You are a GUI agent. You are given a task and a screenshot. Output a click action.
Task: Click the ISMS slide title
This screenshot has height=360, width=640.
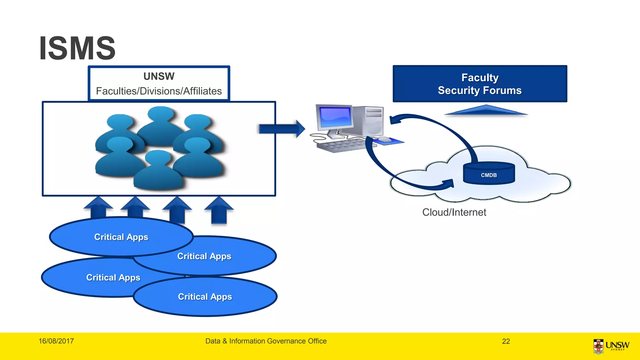[77, 48]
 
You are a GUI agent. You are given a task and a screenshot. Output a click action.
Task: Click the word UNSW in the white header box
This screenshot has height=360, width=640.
[159, 76]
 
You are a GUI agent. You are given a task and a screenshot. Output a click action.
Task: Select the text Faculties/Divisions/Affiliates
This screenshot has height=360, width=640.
[159, 91]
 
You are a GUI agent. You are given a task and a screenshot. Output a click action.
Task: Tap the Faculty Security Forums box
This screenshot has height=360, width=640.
[480, 84]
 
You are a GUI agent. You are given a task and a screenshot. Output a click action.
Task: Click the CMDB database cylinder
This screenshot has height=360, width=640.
[489, 173]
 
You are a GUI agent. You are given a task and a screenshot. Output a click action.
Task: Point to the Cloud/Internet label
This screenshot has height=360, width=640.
[454, 212]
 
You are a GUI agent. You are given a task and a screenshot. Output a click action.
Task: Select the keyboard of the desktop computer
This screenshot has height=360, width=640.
[341, 146]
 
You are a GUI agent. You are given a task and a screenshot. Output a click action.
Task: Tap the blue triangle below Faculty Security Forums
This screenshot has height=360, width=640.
[486, 111]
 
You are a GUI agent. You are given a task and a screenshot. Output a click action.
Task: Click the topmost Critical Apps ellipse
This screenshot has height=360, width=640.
[121, 237]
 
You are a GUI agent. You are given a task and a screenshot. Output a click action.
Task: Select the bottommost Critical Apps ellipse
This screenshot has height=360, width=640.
[205, 297]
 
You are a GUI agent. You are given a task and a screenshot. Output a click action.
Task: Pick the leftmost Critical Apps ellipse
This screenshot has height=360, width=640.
[94, 278]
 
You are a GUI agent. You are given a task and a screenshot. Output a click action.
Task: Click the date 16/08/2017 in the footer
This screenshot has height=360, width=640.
[56, 341]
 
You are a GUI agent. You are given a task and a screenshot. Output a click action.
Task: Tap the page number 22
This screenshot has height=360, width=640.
[506, 341]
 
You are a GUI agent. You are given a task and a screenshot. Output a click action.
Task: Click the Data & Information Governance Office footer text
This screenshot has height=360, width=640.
[266, 341]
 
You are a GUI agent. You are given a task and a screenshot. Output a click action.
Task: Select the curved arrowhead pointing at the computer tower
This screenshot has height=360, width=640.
[395, 120]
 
